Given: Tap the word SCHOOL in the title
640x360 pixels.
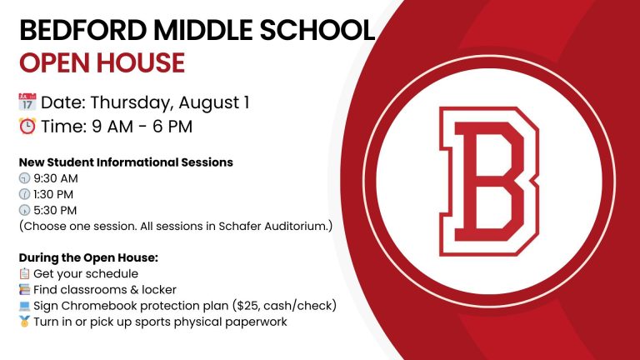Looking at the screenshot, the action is click(x=317, y=30).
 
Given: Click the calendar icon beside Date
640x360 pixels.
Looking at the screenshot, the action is click(x=27, y=102).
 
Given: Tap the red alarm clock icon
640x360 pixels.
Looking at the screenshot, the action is click(x=27, y=126).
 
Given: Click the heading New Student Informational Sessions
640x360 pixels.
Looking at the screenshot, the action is click(x=126, y=162).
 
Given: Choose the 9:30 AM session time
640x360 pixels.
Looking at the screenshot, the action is click(x=56, y=178).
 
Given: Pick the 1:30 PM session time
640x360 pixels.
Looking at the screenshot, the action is click(x=53, y=194).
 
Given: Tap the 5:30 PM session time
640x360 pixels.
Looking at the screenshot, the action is click(x=55, y=210).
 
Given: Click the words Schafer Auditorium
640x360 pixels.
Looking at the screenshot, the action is click(x=273, y=226).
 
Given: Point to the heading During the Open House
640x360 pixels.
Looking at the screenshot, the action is click(x=88, y=258).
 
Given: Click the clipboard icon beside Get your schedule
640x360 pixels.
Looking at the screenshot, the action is click(x=24, y=273).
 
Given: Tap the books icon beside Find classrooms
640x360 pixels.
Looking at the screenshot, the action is click(x=24, y=289).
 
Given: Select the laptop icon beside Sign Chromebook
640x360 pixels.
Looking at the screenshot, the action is click(x=24, y=306).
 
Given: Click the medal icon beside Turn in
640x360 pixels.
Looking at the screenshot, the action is click(x=24, y=322).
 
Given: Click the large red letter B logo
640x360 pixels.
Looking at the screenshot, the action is click(x=489, y=181).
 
